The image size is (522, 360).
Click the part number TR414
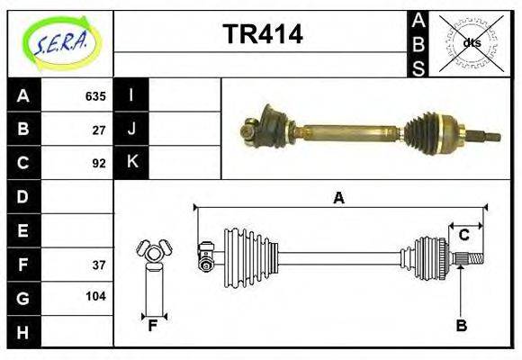[262, 35]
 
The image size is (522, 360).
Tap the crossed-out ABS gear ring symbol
[471, 42]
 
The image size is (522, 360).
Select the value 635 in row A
[95, 95]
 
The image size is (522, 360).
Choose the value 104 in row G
[95, 296]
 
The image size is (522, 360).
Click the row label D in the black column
[23, 196]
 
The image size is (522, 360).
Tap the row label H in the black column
[23, 332]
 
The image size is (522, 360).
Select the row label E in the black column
[23, 230]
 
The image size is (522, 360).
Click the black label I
[131, 95]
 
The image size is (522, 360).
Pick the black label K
[131, 163]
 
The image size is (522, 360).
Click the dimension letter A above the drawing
[339, 198]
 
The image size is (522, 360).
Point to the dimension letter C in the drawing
[464, 236]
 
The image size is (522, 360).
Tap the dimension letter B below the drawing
[461, 326]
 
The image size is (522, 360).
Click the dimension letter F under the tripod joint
[154, 326]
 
